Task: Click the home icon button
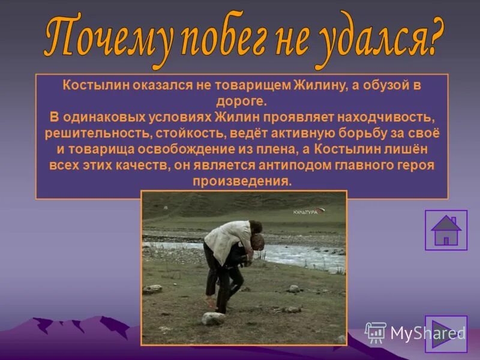pyautogui.click(x=446, y=230)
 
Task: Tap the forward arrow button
pyautogui.click(x=446, y=334)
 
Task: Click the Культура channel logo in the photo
pyautogui.click(x=307, y=212)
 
